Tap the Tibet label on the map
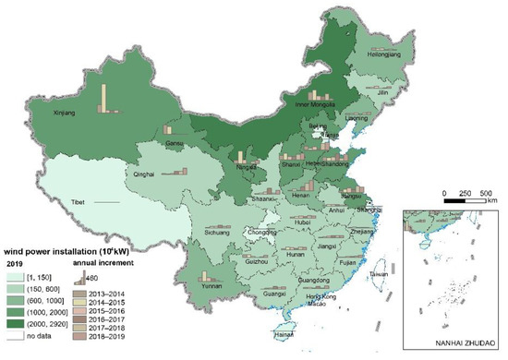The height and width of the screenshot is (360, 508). tap(79, 201)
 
